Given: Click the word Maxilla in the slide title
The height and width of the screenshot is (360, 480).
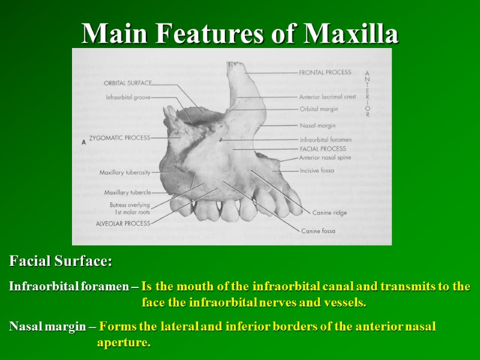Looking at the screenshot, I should coord(352,34).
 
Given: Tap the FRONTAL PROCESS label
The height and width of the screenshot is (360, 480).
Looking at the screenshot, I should coord(325,73).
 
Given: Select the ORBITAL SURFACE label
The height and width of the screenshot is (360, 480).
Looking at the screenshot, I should coord(128,83).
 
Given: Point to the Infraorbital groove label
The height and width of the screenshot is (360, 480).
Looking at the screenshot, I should coord(128,97).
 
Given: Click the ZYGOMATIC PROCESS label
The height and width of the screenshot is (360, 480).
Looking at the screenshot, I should coord(119,138).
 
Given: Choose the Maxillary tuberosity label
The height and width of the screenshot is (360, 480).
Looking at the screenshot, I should coord(125,173).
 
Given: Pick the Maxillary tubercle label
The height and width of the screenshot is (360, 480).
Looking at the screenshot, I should coord(127,193).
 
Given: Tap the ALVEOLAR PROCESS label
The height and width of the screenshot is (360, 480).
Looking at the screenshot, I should coord(123,223).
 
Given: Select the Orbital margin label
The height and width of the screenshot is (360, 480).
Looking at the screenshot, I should coord(319,109).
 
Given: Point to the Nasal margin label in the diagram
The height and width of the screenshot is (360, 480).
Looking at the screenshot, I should coord(317,126).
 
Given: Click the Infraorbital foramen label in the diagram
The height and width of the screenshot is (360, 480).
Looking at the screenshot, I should coord(325,140).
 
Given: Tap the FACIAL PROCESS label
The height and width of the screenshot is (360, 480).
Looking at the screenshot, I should coord(323,149).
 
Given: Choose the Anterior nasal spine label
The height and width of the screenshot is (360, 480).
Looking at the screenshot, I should coord(325,158).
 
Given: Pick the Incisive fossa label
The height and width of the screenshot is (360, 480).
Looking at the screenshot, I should coord(317,171).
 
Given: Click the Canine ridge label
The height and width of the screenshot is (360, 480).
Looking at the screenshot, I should coord(329,213).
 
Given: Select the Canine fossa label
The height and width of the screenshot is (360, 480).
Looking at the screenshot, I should coord(318,231).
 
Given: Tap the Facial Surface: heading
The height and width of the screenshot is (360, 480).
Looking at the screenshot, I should coord(61,262).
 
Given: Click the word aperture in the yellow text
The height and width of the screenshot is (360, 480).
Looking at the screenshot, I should coord(124,343).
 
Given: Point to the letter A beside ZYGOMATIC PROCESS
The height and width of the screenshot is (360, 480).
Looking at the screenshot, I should coord(83,142).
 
